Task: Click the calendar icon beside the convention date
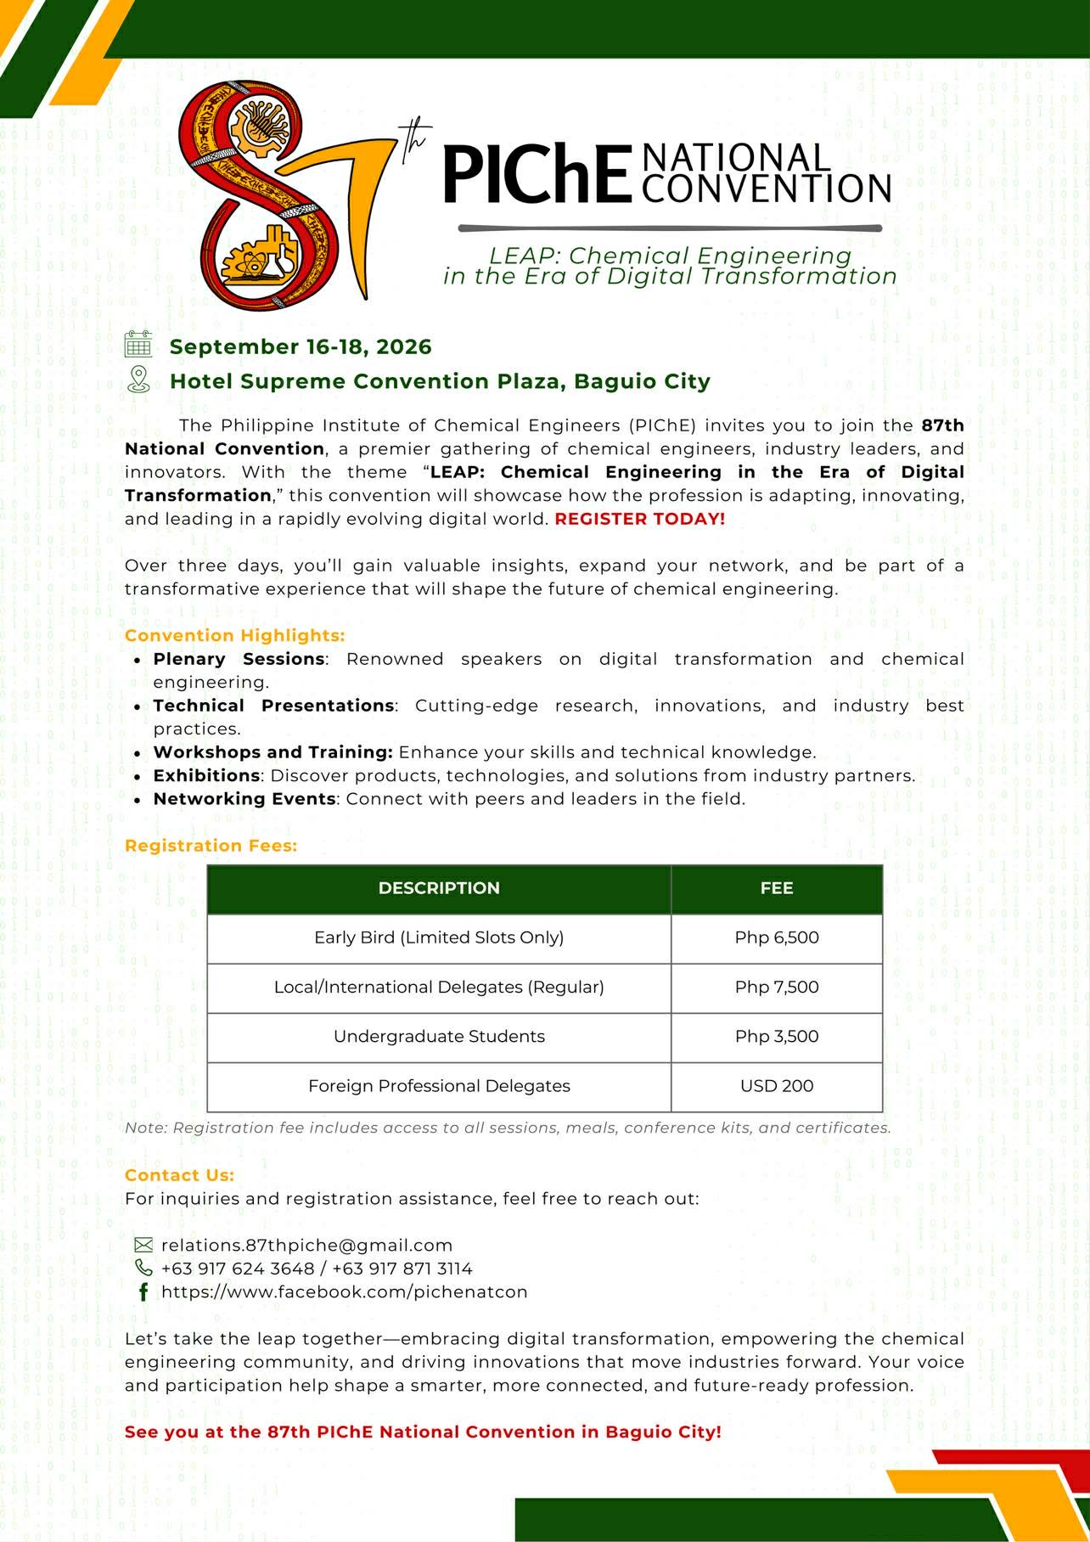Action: point(138,345)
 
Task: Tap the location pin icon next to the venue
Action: point(138,380)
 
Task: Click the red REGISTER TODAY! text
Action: point(640,519)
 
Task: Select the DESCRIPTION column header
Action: point(439,888)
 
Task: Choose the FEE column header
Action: point(777,888)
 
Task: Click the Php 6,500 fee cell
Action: point(777,937)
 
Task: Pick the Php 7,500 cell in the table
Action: point(777,987)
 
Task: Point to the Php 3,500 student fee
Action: point(777,1036)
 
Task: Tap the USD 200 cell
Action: point(777,1085)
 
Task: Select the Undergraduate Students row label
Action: point(439,1036)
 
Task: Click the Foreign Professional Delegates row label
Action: point(439,1085)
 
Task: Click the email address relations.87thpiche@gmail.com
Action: point(306,1245)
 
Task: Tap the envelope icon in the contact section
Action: point(143,1245)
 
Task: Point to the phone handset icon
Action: point(143,1268)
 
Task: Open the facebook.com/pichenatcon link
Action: point(344,1292)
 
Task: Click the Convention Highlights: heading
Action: point(235,635)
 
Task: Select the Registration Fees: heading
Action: point(211,846)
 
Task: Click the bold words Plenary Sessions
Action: point(239,659)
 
